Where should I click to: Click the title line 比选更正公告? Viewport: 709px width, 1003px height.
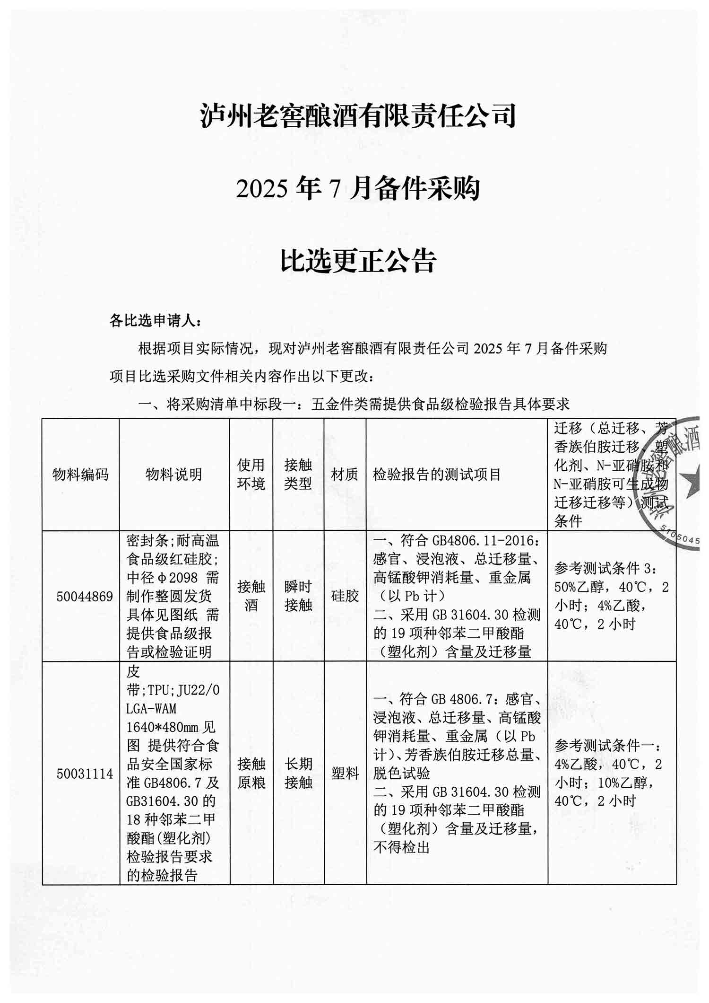click(358, 261)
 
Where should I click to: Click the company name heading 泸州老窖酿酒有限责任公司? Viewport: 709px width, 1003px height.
click(358, 116)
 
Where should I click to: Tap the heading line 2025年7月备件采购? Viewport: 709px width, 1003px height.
click(358, 188)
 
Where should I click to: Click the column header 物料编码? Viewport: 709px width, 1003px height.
click(80, 474)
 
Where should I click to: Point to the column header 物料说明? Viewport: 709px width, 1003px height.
click(174, 474)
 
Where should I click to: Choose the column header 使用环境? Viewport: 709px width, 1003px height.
click(251, 474)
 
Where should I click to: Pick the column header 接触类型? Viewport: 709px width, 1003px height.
click(298, 474)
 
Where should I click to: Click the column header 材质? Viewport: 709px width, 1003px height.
click(345, 474)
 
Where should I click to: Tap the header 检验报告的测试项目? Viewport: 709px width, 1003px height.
click(437, 474)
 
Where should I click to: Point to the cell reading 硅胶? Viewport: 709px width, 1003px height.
click(345, 596)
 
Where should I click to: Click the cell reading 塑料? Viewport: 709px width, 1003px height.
click(345, 774)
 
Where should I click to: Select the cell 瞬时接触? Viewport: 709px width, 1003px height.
click(298, 596)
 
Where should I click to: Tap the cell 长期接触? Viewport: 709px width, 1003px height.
click(298, 774)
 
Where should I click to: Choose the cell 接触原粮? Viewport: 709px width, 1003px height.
click(251, 774)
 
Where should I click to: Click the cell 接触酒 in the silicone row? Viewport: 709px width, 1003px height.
click(251, 596)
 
